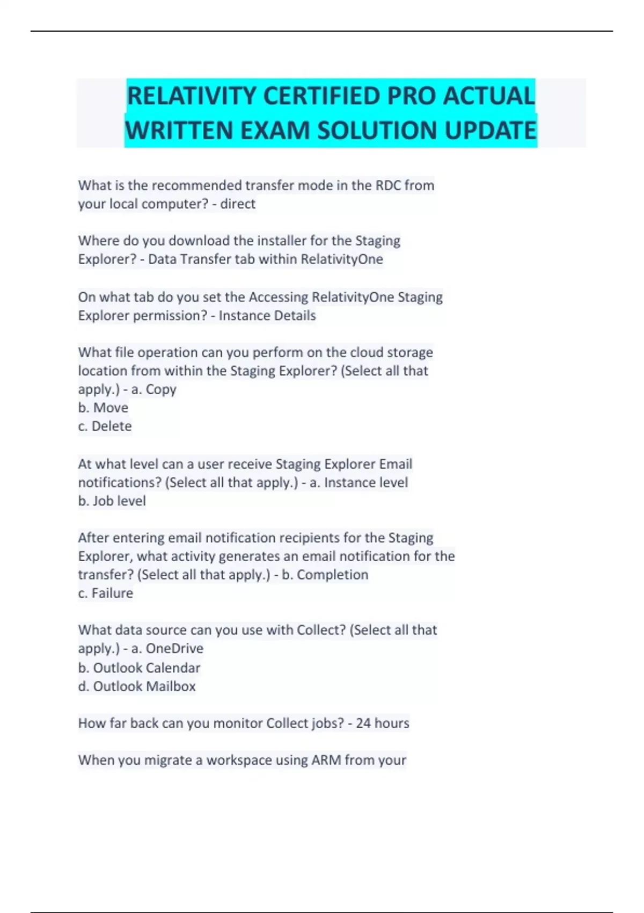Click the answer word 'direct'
coord(238,204)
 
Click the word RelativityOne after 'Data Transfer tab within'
coord(342,259)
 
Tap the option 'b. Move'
coord(103,408)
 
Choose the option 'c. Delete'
coord(105,426)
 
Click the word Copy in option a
coord(161,389)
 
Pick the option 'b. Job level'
coord(112,501)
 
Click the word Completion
coord(332,575)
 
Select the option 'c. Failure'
coord(105,593)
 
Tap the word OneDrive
coord(174,649)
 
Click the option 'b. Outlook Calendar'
coord(139,668)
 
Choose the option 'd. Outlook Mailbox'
coord(137,686)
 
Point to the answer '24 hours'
coord(382,723)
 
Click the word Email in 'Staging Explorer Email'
coord(396,464)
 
